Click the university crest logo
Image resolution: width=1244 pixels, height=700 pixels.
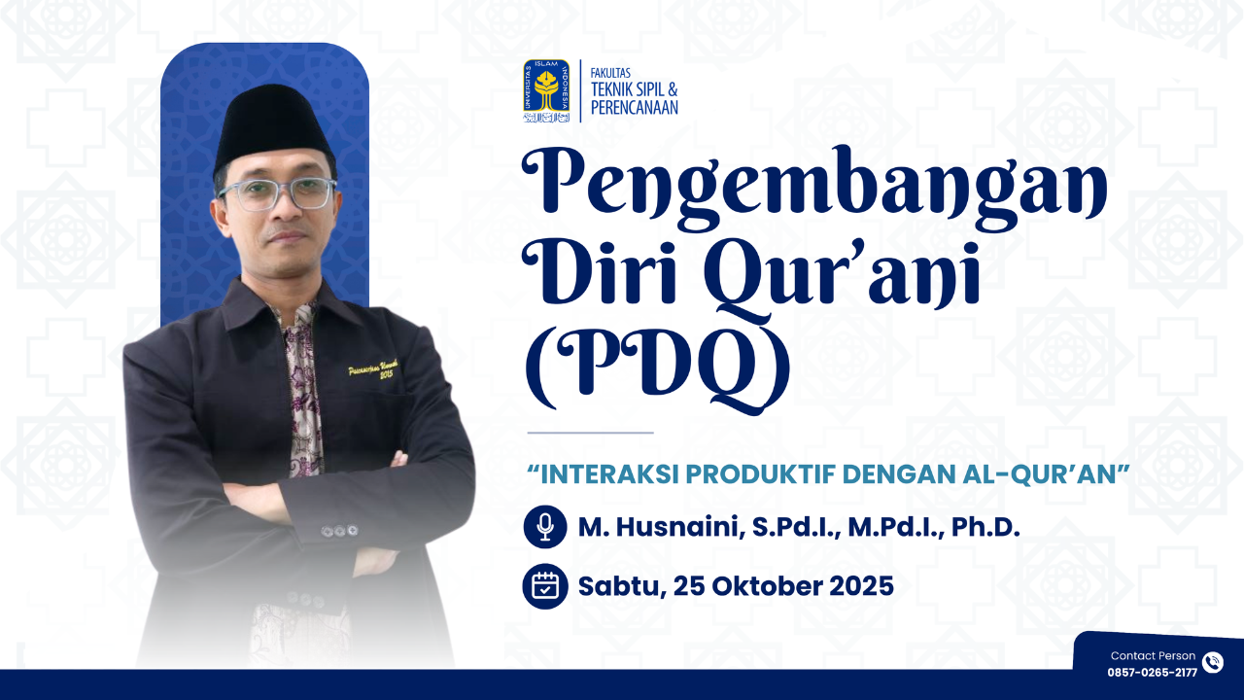tap(546, 91)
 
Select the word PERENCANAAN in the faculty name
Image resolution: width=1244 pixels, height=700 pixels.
tap(634, 107)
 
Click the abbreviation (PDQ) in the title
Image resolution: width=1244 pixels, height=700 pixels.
tap(657, 367)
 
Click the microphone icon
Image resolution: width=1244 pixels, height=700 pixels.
tap(545, 527)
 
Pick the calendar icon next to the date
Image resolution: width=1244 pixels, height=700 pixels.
tap(545, 586)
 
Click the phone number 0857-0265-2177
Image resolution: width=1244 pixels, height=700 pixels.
tap(1153, 672)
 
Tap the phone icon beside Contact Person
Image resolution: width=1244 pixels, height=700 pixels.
tap(1213, 663)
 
